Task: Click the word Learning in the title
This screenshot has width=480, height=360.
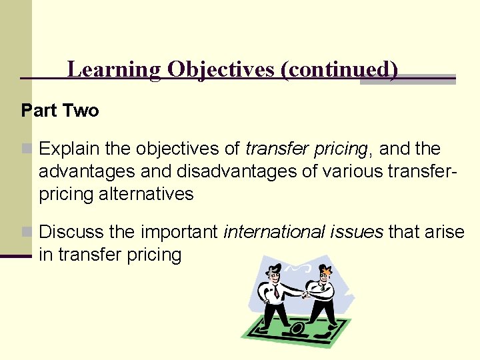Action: click(x=114, y=70)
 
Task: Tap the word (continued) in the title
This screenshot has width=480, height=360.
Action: click(x=339, y=70)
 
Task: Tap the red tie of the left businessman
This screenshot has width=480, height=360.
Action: click(x=275, y=292)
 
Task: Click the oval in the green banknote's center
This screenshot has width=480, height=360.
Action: click(x=297, y=328)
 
